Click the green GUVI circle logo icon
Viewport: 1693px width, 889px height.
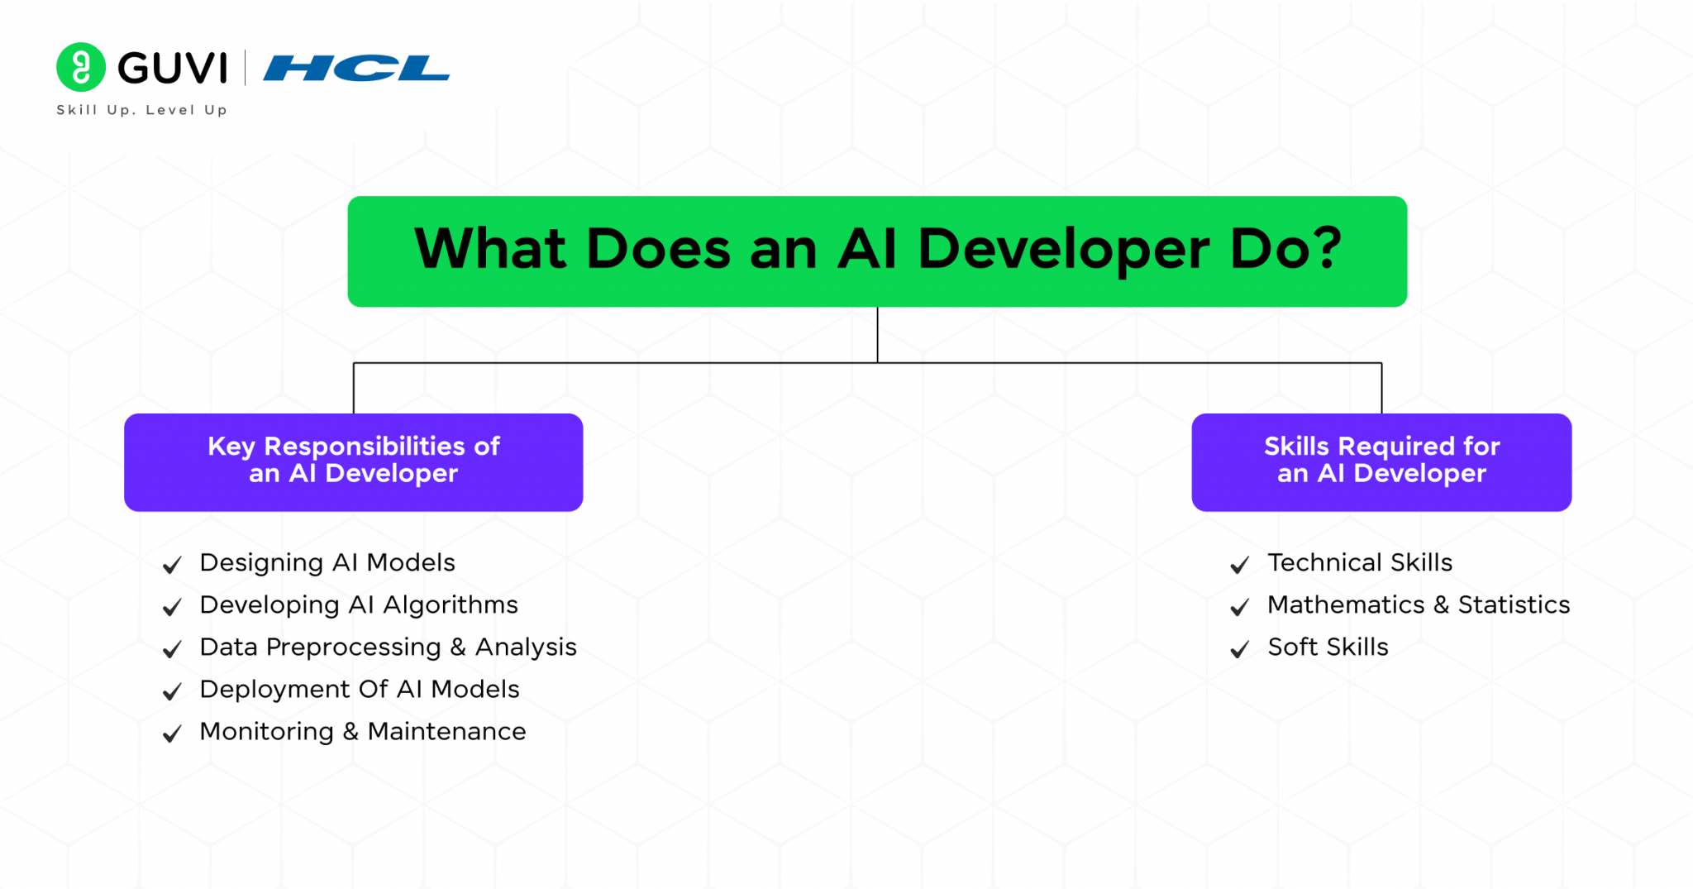click(81, 67)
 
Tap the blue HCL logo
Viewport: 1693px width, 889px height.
click(356, 69)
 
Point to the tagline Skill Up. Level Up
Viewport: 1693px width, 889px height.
click(141, 110)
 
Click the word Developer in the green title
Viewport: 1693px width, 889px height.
click(1064, 250)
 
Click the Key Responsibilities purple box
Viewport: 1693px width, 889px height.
click(353, 461)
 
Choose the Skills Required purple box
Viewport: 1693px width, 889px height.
click(1381, 461)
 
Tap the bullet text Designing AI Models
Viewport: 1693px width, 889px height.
click(327, 563)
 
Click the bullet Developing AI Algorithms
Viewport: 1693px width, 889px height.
click(359, 605)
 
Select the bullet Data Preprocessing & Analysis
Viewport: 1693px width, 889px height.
click(388, 648)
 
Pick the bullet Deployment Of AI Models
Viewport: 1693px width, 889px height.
click(360, 690)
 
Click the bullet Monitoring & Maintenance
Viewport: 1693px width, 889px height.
click(363, 732)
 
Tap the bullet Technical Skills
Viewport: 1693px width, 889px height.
click(1360, 563)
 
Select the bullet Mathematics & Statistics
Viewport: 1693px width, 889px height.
click(1419, 605)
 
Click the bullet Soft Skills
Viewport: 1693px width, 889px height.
click(1328, 648)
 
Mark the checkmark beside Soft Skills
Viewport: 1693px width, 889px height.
click(1239, 650)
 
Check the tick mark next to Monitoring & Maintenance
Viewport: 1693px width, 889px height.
click(172, 734)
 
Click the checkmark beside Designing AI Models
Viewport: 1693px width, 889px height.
click(172, 566)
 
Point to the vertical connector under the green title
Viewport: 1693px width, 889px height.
click(877, 335)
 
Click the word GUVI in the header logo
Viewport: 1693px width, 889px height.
click(173, 68)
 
